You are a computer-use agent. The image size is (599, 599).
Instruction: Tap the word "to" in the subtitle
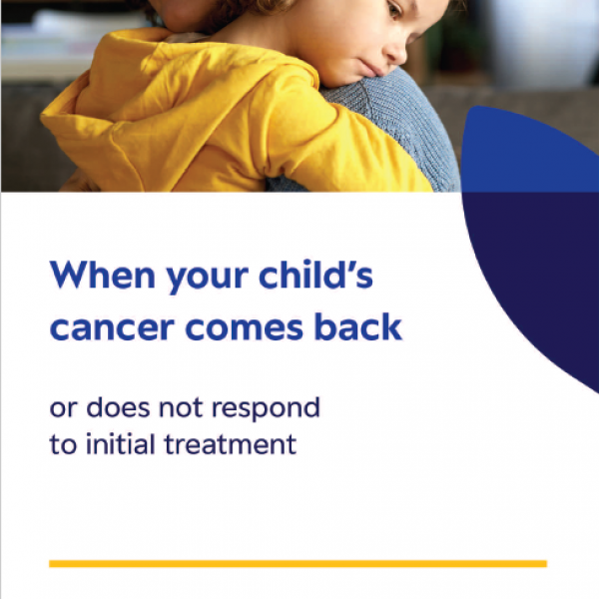click(x=62, y=444)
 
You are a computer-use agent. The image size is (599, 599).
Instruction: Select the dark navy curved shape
click(x=539, y=280)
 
